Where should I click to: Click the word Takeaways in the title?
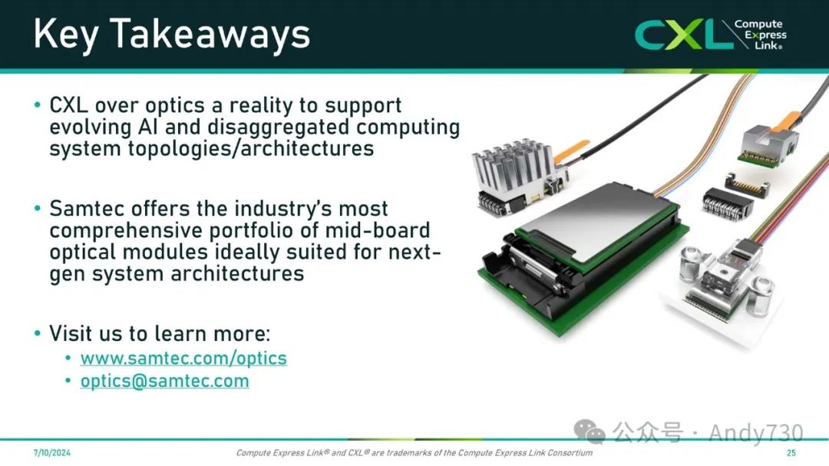(210, 35)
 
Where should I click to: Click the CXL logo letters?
(679, 35)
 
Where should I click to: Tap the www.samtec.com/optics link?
(183, 358)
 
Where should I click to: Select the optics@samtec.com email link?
(164, 381)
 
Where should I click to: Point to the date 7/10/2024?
(52, 453)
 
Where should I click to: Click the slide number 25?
(791, 453)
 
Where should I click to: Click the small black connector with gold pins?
(747, 184)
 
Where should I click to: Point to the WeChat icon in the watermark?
(589, 431)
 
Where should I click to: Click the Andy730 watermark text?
(755, 433)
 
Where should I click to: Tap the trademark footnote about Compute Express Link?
(414, 453)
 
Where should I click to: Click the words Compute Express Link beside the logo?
(761, 35)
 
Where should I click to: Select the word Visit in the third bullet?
(71, 334)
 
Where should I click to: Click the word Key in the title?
(66, 35)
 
